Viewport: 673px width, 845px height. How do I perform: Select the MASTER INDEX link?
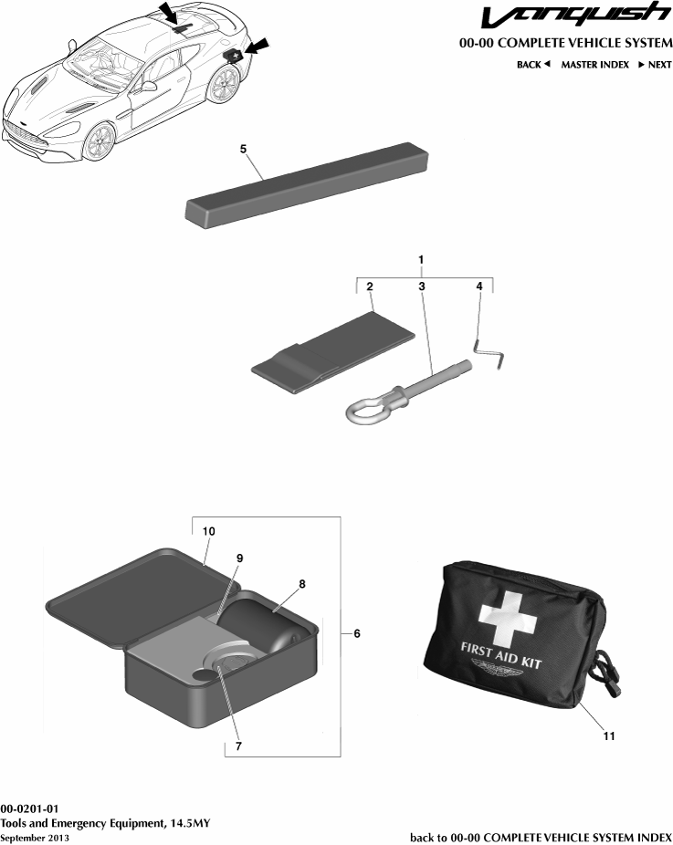pos(594,65)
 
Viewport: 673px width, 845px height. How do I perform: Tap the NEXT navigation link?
pos(654,65)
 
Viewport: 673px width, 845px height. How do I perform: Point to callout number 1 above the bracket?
pos(420,260)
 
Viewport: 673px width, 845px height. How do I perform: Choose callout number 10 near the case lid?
pos(208,530)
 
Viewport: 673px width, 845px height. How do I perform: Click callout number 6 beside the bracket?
pos(357,633)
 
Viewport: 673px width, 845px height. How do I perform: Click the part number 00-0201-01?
pos(29,808)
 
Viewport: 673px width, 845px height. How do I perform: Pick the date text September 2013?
pos(34,837)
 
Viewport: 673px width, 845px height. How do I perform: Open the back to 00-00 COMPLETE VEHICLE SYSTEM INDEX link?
pos(541,837)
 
